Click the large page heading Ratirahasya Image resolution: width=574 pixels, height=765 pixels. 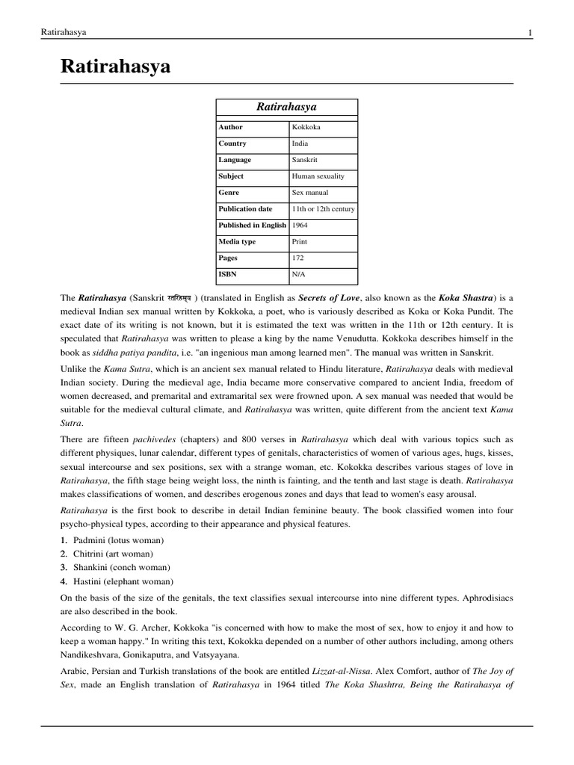point(116,67)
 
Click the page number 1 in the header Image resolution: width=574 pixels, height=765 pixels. point(529,31)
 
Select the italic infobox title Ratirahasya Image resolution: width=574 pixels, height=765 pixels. point(286,108)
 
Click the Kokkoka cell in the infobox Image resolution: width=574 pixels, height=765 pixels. point(306,127)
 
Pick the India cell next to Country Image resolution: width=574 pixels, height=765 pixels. point(300,143)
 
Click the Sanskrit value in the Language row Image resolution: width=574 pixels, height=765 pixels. point(303,160)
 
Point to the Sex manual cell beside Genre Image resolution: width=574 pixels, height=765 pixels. point(310,193)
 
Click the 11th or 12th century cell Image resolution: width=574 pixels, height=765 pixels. point(323,209)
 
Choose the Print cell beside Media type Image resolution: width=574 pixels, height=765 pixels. point(300,242)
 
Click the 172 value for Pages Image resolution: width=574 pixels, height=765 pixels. point(297,258)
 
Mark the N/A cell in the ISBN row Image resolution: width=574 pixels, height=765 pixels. point(299,275)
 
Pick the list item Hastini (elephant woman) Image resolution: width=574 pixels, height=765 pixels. point(123,581)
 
